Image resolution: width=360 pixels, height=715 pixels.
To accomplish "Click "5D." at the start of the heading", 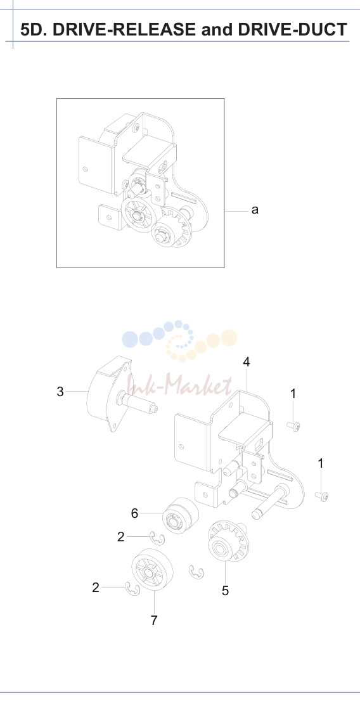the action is [x=34, y=30].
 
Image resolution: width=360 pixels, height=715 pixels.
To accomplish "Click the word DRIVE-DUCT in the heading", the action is [x=293, y=30].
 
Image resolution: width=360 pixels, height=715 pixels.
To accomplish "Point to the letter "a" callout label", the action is [x=255, y=210].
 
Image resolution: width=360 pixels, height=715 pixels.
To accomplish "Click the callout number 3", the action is [x=60, y=392].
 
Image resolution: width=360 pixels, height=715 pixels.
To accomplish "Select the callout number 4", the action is [x=247, y=362].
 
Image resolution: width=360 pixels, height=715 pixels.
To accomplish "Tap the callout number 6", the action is [x=134, y=513].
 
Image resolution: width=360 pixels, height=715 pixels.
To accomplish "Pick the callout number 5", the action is [x=225, y=591].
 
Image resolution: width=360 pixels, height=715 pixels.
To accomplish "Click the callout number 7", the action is [x=154, y=620].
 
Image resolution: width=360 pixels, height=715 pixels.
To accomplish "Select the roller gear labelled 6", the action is [x=181, y=515].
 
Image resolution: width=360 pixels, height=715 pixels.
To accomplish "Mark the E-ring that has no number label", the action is [x=196, y=572].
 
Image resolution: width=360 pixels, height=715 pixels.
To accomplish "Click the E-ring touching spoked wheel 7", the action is [x=132, y=589].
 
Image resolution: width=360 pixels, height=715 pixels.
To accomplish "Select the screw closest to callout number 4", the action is [x=293, y=427].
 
